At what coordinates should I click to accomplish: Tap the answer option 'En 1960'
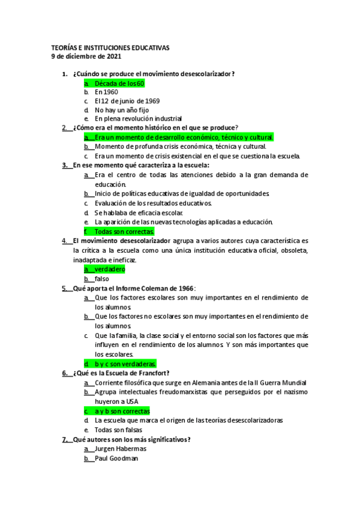106,92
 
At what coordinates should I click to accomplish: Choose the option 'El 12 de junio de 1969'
127,101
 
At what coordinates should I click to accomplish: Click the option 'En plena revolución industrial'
138,119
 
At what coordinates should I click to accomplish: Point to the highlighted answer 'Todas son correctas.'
125,231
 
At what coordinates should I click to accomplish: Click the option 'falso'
101,279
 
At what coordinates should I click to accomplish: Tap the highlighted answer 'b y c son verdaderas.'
125,364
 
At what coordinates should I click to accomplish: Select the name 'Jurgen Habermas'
121,448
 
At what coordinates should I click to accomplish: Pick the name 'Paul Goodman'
116,458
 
